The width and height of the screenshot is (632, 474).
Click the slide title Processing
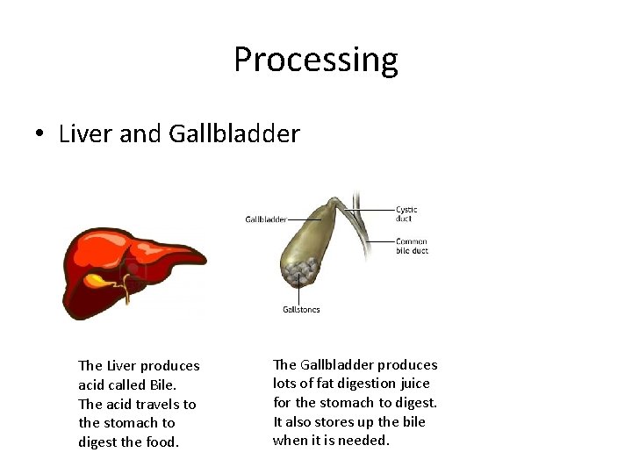pyautogui.click(x=315, y=60)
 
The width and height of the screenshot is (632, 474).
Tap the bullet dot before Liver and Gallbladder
pyautogui.click(x=40, y=135)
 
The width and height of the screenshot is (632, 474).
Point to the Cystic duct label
pyautogui.click(x=406, y=213)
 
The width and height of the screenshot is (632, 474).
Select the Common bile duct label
pyautogui.click(x=411, y=246)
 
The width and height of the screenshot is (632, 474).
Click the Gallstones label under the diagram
pyautogui.click(x=301, y=309)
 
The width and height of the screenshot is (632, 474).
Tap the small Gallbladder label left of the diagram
pyautogui.click(x=265, y=219)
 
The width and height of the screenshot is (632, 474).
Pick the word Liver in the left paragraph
pyautogui.click(x=121, y=366)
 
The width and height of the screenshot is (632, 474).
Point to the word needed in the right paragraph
pyautogui.click(x=363, y=441)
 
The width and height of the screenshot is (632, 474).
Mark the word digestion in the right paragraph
pyautogui.click(x=367, y=384)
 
